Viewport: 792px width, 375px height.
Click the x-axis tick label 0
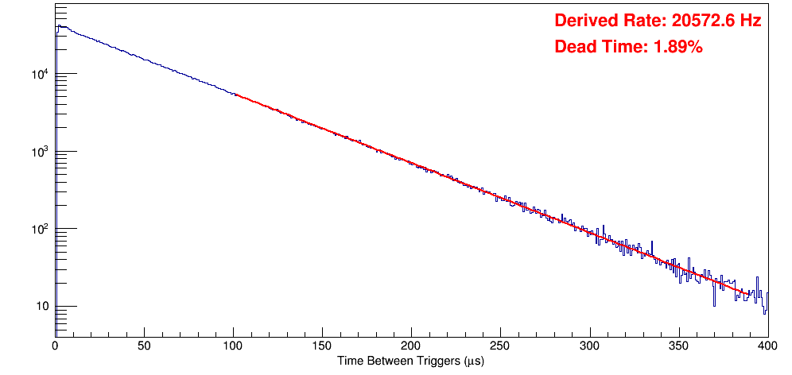(55, 346)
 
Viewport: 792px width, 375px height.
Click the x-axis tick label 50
(144, 346)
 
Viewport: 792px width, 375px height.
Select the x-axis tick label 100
(233, 346)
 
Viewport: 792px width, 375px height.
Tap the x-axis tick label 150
(322, 346)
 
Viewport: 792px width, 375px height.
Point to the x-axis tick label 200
(411, 346)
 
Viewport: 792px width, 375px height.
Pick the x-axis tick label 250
(500, 346)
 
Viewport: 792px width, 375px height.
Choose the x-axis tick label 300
(589, 346)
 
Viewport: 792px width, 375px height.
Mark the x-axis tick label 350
(678, 346)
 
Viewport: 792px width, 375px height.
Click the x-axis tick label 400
(767, 346)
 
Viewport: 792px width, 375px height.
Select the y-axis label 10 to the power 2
(40, 229)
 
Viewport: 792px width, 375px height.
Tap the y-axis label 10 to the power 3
(40, 151)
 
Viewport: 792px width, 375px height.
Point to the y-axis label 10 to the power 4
(40, 74)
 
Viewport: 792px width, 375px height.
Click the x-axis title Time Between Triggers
(410, 361)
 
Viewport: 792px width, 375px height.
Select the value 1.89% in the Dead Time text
(677, 47)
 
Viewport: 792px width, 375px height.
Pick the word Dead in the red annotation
(575, 47)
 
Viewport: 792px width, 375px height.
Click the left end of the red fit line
(235, 95)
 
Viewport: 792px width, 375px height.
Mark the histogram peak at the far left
(58, 25)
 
